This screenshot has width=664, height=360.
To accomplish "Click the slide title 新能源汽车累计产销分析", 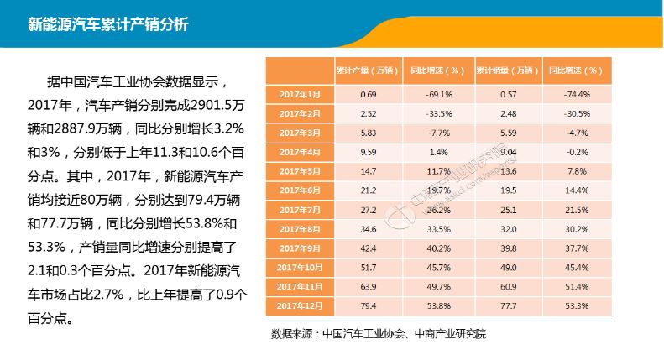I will [x=107, y=23].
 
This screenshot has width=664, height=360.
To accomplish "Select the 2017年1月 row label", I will [x=300, y=94].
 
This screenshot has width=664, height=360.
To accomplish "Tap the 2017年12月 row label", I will [x=300, y=305].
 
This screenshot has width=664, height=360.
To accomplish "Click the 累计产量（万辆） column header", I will [x=368, y=70].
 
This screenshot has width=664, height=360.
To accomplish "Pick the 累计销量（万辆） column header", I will [x=508, y=70].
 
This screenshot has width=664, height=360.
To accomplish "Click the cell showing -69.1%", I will [x=439, y=94].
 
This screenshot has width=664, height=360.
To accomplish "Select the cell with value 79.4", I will [x=368, y=305].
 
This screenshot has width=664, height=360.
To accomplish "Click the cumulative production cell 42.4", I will [x=368, y=248].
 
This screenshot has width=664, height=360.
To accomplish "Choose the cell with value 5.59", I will [x=508, y=133].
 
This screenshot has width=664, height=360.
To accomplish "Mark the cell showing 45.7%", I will [x=439, y=267].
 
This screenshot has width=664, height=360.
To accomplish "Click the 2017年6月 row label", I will [x=300, y=190].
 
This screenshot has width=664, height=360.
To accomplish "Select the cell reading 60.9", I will [x=508, y=286].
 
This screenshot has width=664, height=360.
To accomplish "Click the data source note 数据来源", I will [x=379, y=334].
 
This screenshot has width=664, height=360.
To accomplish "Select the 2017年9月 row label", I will [x=300, y=248].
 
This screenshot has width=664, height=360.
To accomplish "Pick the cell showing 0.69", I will [x=368, y=94].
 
